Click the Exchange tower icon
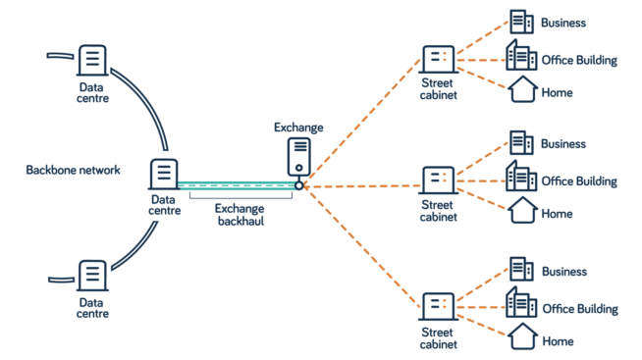coord(299,156)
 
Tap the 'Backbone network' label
coord(73,171)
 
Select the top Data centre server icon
coord(92,61)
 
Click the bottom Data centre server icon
coord(92,276)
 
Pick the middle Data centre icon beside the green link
coord(164,175)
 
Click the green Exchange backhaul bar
coord(236,184)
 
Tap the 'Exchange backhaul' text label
coord(240,215)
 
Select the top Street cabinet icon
coord(438,60)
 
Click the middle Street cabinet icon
coord(438,180)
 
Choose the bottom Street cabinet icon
coord(438,306)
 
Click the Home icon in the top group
coord(522,90)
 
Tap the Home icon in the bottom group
coord(522,337)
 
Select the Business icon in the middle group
coord(521,143)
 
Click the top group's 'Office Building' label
coord(579,61)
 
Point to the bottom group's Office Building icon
coord(521,304)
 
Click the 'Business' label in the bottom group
coord(564,272)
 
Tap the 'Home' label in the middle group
coord(557,213)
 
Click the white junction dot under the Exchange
coord(298,184)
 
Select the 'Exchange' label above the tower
coord(298,128)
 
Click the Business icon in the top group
coord(521,22)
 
